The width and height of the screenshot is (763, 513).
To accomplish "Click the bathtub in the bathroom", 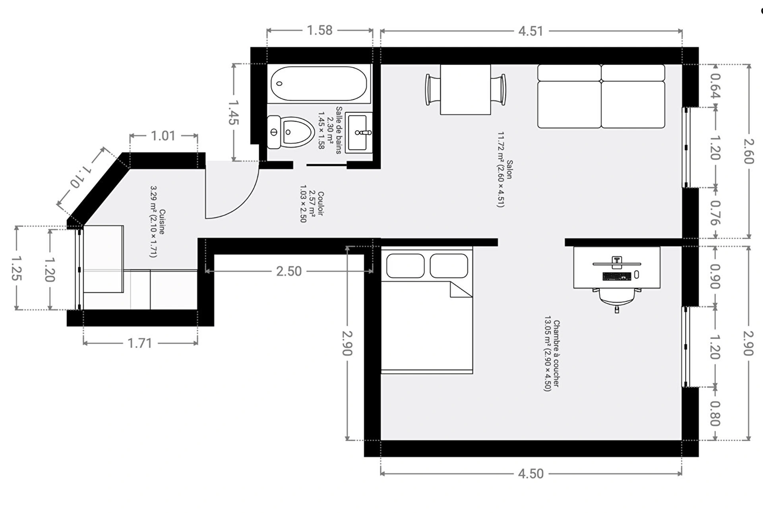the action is (x=319, y=83).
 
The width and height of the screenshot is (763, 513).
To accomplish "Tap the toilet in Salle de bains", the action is (x=290, y=132).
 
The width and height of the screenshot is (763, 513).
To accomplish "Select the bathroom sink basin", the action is (x=359, y=133).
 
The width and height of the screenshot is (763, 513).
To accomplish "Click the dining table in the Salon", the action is (x=465, y=89).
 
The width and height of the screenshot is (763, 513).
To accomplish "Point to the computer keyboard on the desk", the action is (x=617, y=276).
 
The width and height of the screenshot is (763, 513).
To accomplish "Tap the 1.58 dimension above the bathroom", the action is (x=320, y=30).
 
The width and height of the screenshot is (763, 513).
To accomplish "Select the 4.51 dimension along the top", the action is (x=531, y=31).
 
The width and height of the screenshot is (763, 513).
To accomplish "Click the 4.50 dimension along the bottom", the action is (x=531, y=474).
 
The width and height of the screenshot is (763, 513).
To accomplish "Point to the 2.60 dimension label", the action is (x=749, y=151).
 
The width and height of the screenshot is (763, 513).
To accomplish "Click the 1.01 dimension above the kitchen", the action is (x=163, y=136).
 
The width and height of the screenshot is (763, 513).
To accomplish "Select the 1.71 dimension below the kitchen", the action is (x=140, y=343).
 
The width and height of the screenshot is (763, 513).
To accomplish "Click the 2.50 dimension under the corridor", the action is (x=289, y=271).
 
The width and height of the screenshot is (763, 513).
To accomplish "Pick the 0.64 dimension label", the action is (x=715, y=86).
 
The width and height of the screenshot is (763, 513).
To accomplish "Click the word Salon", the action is (x=509, y=169).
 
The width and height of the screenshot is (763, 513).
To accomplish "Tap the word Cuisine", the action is (x=162, y=222).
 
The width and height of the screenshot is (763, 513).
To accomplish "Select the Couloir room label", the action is (x=321, y=203).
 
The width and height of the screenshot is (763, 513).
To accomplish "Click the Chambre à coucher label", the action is (x=556, y=354).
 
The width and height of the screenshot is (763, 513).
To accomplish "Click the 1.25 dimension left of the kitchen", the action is (x=17, y=268).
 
